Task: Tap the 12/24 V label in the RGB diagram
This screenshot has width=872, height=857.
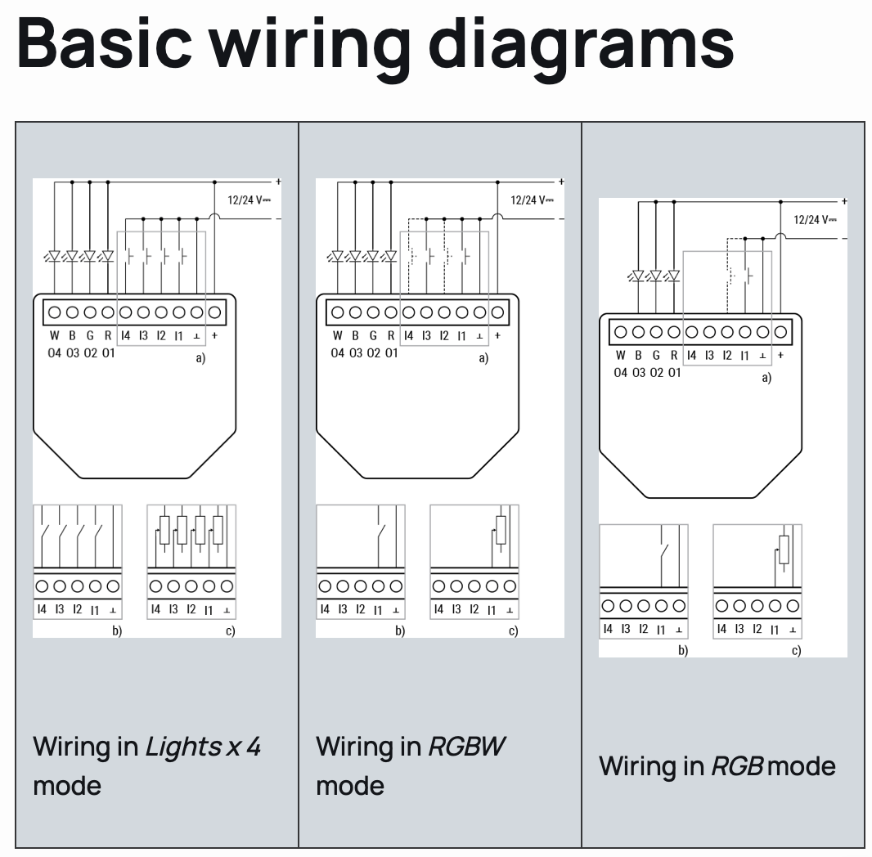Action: tap(815, 219)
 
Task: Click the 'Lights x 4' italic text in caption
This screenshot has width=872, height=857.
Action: tap(203, 746)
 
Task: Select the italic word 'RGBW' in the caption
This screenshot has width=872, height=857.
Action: tap(468, 746)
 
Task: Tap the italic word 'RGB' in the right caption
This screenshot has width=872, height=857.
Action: tap(737, 766)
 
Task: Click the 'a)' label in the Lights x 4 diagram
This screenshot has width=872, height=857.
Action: tap(200, 358)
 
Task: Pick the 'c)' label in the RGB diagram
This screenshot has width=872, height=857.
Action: tap(796, 650)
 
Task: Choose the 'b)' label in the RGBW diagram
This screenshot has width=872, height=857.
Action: tap(400, 630)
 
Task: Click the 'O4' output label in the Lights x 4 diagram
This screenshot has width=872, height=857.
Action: tap(55, 353)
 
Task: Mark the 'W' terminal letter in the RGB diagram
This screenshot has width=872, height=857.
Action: tap(621, 355)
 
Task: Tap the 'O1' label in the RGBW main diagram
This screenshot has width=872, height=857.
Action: tap(391, 353)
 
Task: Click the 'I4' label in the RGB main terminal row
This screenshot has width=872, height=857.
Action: tap(691, 355)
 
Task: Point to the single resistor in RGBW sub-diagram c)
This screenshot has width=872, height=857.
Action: tap(501, 531)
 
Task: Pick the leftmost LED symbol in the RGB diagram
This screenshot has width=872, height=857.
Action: tap(638, 276)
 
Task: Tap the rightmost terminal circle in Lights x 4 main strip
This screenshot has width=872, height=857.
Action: tap(215, 312)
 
